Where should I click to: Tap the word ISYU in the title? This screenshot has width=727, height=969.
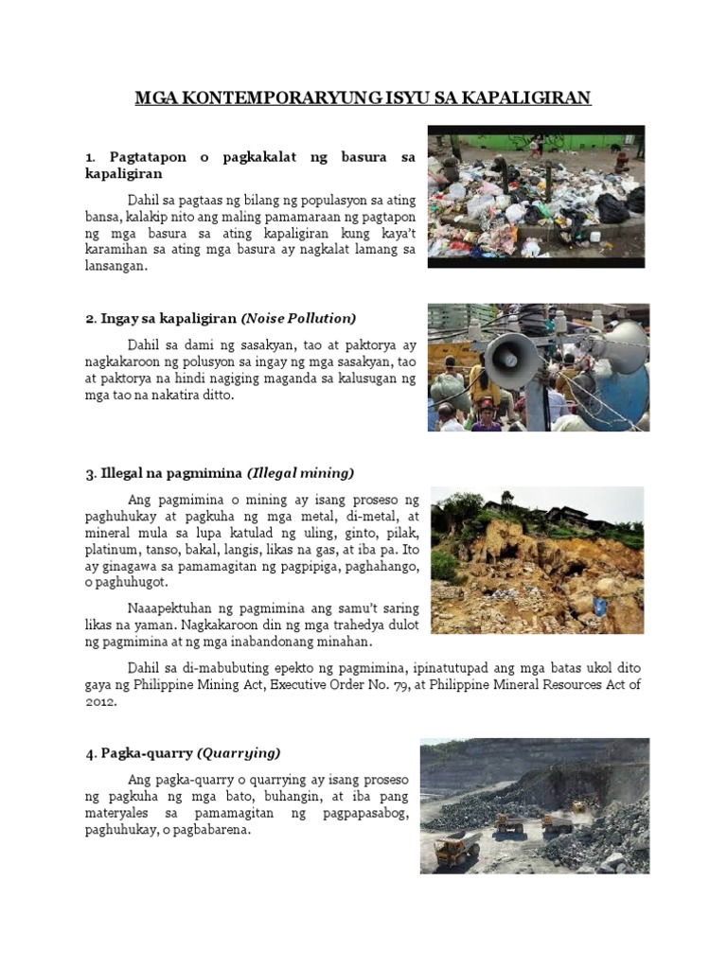pos(404,98)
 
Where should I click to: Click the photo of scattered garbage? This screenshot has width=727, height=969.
pos(536,196)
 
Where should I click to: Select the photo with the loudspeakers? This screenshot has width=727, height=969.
pos(538,367)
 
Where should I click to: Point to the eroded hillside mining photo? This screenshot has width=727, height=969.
pos(537,560)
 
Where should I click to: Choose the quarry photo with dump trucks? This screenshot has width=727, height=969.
pos(535,805)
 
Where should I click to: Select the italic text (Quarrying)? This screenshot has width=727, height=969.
pos(239,752)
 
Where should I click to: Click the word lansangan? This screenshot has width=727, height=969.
pos(116,268)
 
